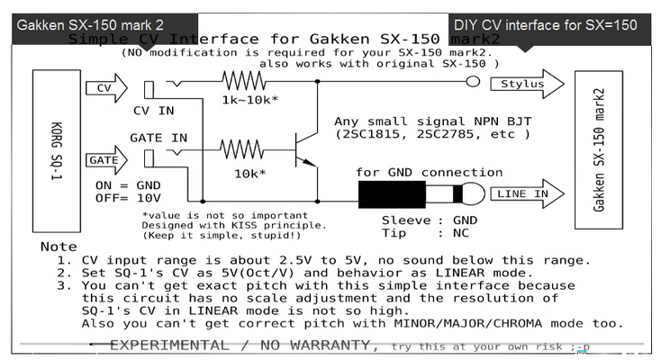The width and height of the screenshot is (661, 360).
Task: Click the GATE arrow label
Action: tap(102, 160)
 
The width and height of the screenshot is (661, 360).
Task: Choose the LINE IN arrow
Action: tap(524, 193)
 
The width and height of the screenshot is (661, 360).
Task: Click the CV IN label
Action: tap(154, 111)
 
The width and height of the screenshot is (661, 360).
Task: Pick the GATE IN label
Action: tap(158, 138)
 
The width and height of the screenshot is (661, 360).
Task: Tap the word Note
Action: tap(59, 247)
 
